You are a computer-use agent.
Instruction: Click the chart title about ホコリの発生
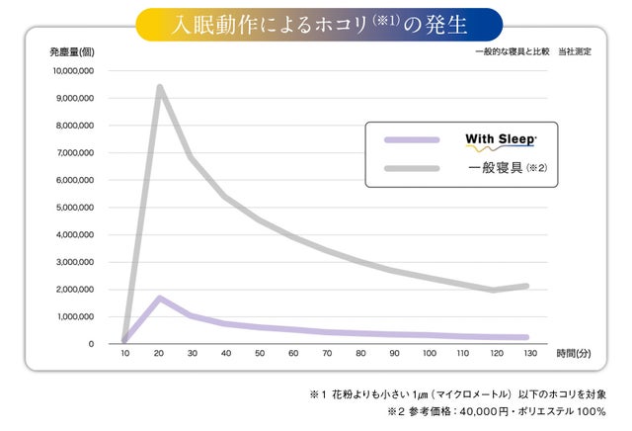click(x=316, y=21)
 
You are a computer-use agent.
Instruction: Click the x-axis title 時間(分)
click(x=574, y=353)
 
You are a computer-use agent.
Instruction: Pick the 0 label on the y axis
click(x=90, y=344)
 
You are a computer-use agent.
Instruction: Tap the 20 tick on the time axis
click(x=158, y=354)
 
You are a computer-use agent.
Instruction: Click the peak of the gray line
click(x=159, y=87)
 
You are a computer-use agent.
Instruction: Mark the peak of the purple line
click(x=159, y=298)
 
